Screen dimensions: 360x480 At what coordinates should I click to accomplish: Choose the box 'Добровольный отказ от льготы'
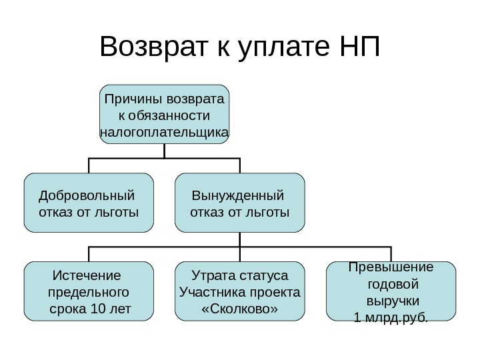pos(89,203)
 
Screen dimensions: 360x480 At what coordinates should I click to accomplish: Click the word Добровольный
pos(86,196)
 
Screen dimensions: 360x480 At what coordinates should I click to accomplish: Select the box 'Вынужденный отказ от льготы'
pos(239,203)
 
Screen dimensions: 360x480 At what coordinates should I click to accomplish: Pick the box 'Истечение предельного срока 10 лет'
pos(89,291)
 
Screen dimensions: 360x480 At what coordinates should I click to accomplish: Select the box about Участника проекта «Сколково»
pos(239,291)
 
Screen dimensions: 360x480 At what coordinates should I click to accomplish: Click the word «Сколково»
pos(239,309)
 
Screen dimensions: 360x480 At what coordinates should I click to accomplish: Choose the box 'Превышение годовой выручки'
pos(391,291)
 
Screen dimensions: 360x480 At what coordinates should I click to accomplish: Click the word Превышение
pos(391,268)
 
